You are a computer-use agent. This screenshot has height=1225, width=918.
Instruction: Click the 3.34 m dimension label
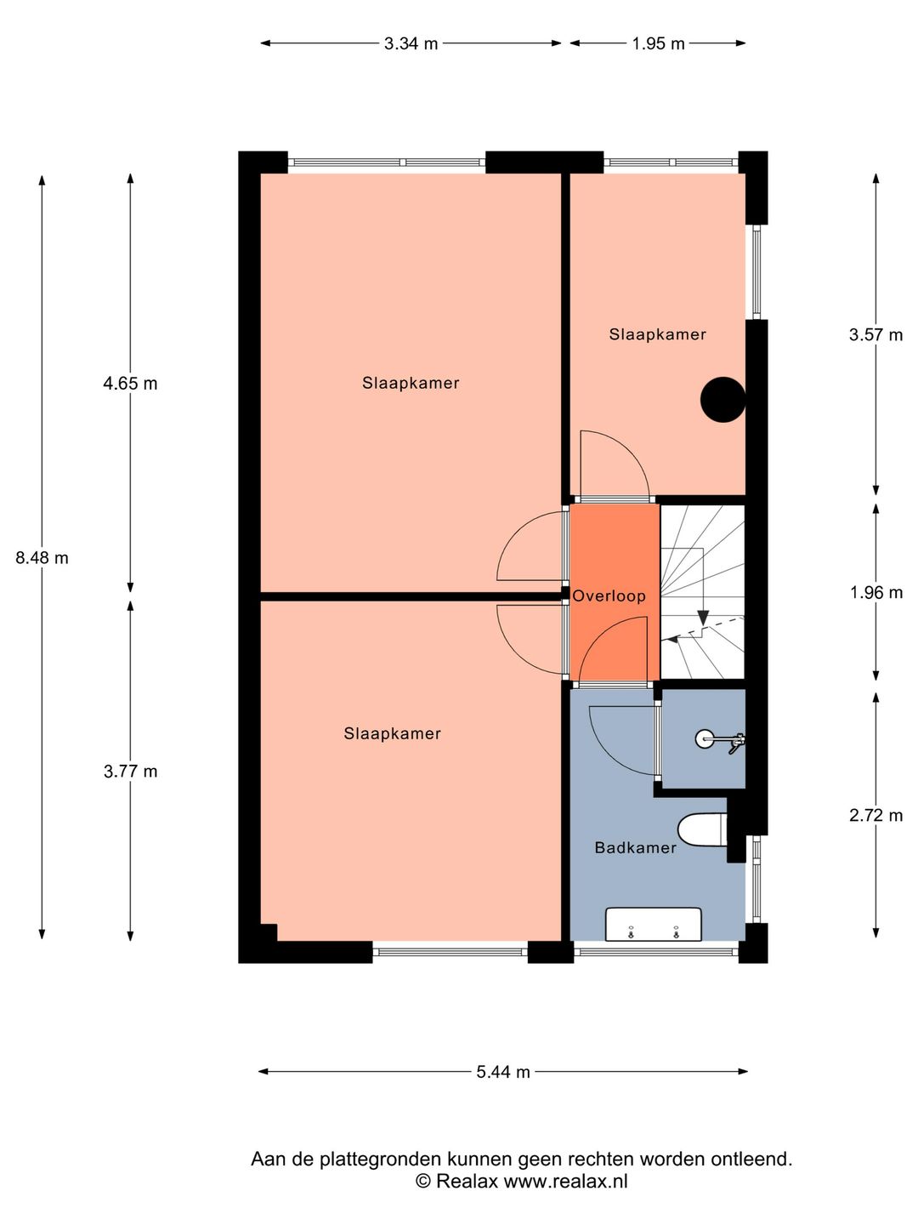(x=411, y=43)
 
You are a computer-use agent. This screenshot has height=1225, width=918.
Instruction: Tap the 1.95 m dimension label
(x=658, y=43)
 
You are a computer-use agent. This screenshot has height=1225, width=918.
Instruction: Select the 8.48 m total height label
(x=42, y=557)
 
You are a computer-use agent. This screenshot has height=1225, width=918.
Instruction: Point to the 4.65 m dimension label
(x=130, y=384)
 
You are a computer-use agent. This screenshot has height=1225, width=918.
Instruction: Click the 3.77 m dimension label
(x=130, y=772)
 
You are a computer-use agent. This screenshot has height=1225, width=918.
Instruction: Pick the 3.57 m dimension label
(x=875, y=335)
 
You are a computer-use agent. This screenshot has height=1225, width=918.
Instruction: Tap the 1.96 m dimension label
(x=875, y=592)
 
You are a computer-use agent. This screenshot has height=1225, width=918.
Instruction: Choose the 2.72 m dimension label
(x=875, y=815)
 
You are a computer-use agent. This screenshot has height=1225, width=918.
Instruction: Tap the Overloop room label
(x=609, y=596)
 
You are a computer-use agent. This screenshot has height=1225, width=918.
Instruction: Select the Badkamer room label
(x=636, y=848)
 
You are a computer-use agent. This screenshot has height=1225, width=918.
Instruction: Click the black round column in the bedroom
(x=722, y=400)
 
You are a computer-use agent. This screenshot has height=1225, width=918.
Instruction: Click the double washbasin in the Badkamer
(x=654, y=925)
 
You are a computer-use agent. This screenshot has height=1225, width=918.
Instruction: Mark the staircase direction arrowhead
(x=703, y=618)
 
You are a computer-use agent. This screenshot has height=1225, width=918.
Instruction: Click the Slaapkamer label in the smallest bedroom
(x=658, y=334)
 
